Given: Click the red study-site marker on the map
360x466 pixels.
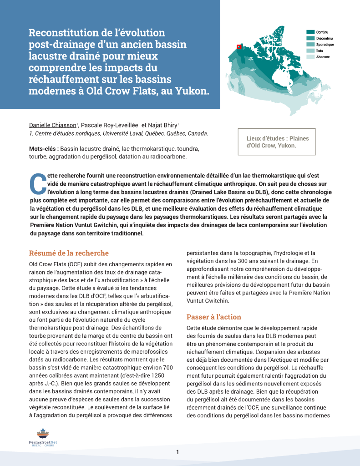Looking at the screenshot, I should pyautogui.click(x=238, y=46).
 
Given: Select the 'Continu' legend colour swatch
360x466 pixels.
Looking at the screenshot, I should pyautogui.click(x=310, y=32).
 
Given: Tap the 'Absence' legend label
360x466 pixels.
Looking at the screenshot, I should pyautogui.click(x=323, y=57).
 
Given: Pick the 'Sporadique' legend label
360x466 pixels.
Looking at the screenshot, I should pyautogui.click(x=325, y=45).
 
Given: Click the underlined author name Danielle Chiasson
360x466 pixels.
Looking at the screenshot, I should pyautogui.click(x=52, y=125).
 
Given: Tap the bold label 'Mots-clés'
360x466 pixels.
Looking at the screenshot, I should pyautogui.click(x=43, y=149).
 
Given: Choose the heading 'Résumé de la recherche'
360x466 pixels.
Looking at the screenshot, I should pyautogui.click(x=69, y=253).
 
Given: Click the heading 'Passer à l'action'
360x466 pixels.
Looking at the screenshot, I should pyautogui.click(x=213, y=317).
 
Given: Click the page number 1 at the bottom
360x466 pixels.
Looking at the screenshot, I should pyautogui.click(x=178, y=452).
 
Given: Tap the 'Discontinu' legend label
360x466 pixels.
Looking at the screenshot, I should pyautogui.click(x=325, y=38).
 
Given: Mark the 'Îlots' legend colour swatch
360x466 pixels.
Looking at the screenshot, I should pyautogui.click(x=310, y=51).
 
